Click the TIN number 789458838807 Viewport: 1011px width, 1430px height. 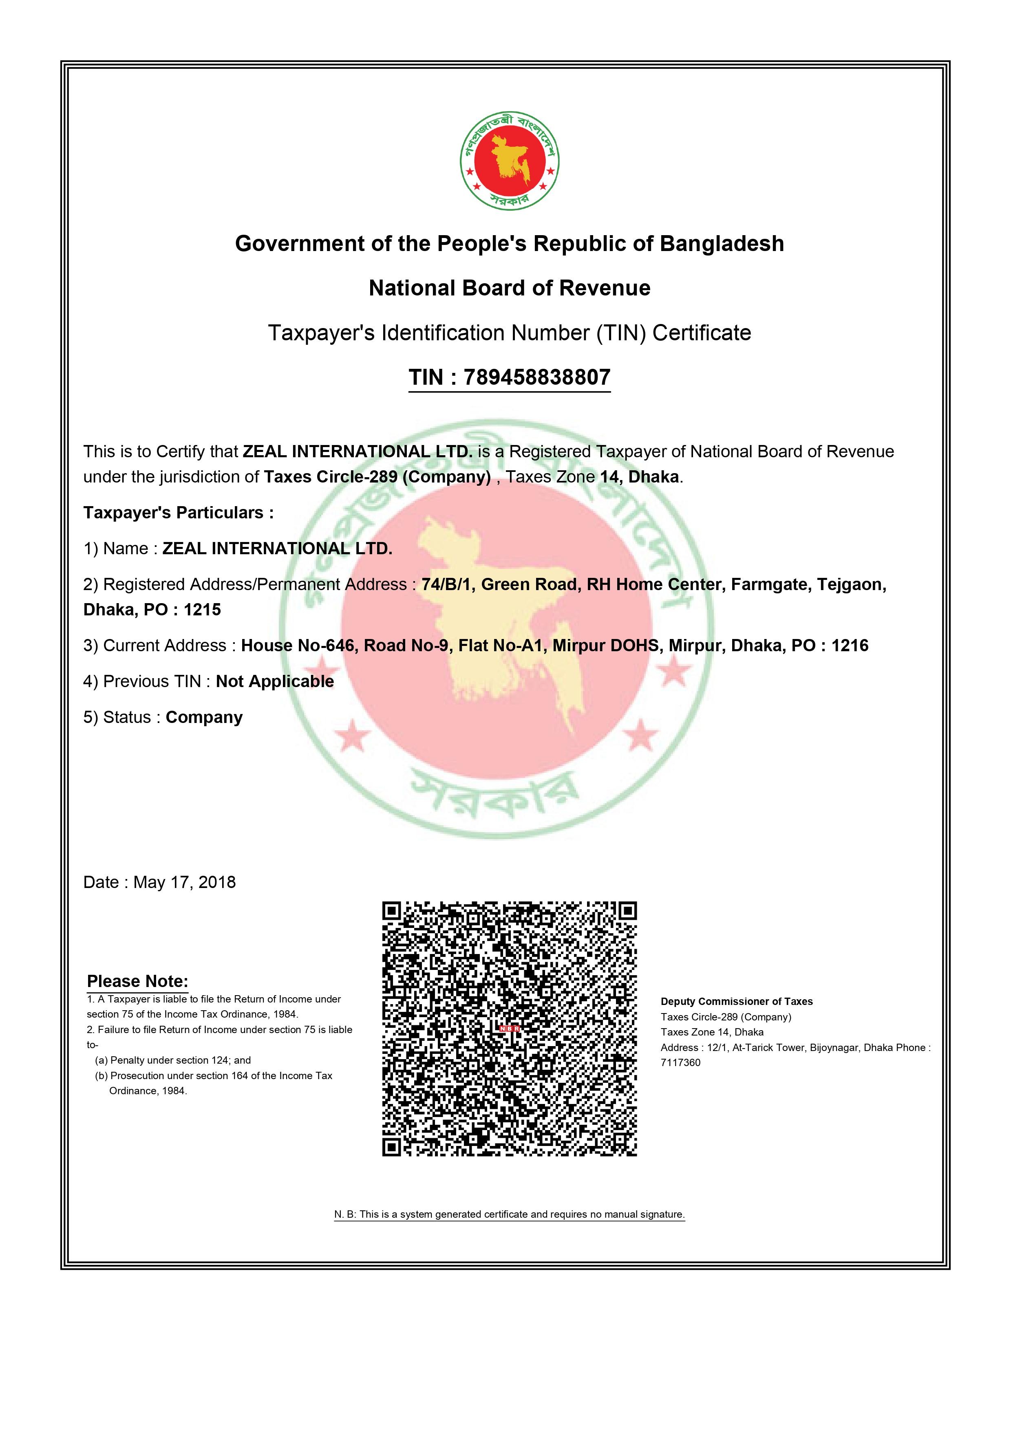(536, 377)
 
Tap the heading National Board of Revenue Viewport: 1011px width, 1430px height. (510, 289)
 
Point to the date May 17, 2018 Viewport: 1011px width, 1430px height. (184, 883)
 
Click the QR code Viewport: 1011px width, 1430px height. (510, 1029)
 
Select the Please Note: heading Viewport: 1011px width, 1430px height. (137, 982)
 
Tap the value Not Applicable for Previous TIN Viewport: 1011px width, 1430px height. (275, 682)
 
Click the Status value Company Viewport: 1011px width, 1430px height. (204, 718)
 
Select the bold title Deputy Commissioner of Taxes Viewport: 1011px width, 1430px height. (736, 1002)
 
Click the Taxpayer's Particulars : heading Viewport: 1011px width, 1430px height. (178, 513)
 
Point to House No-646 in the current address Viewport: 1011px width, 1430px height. (298, 646)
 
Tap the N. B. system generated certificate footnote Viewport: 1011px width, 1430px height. (510, 1214)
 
